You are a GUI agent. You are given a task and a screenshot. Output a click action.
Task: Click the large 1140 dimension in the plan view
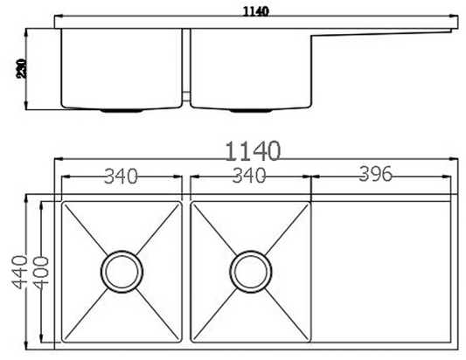(254, 150)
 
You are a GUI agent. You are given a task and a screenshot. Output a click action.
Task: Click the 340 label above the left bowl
(121, 177)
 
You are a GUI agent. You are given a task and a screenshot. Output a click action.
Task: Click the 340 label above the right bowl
(249, 177)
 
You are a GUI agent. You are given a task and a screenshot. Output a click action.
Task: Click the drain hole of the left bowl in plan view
(121, 272)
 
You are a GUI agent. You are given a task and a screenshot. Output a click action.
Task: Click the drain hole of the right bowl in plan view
(248, 272)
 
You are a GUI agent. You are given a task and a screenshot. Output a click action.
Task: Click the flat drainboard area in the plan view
(382, 272)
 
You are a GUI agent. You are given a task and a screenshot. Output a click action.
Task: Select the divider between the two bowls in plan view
(186, 272)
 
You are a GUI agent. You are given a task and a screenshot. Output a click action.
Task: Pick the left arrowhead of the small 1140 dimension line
(58, 17)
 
